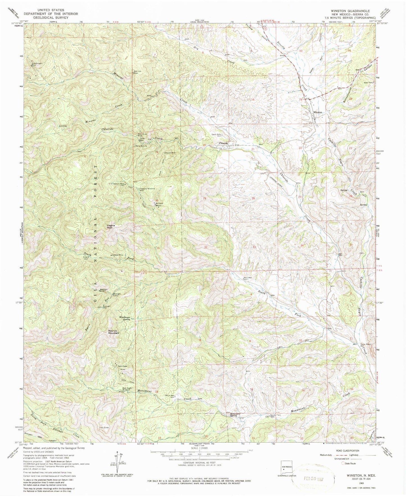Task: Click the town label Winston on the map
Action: coord(317,113)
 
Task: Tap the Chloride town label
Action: coord(223,143)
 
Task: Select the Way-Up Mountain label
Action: coord(114,332)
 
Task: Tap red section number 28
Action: coord(253,198)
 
